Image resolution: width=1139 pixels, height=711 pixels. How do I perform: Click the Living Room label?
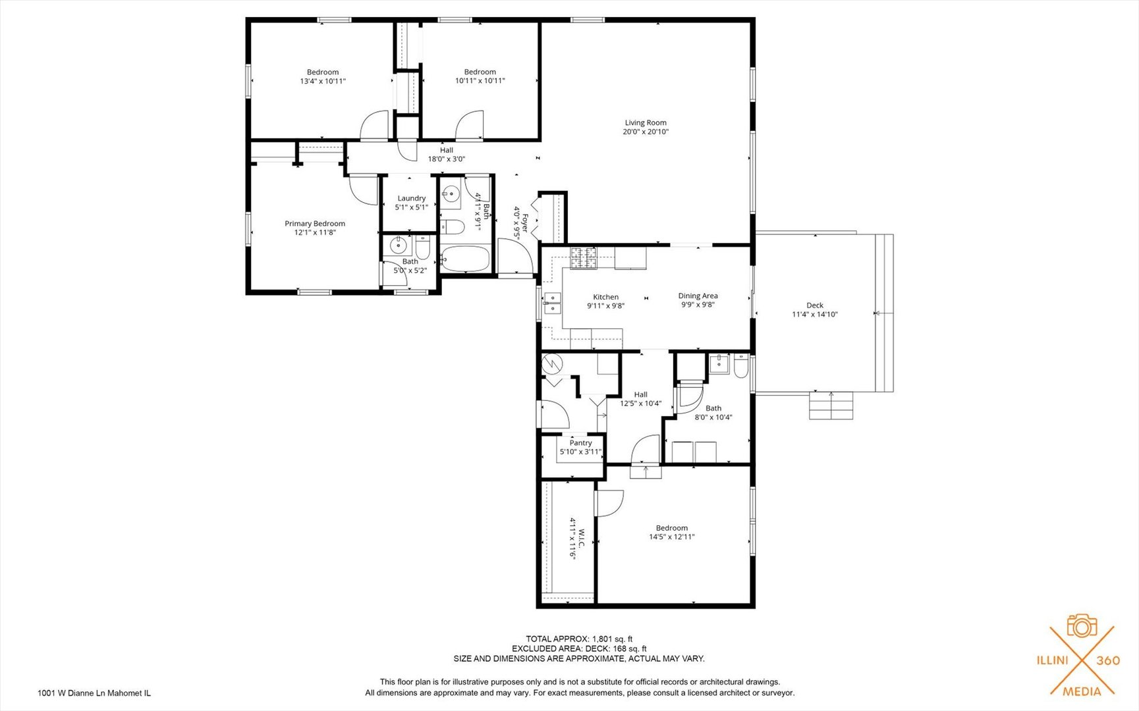pos(646,122)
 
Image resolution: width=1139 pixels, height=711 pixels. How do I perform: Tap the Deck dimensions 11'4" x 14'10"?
pos(815,315)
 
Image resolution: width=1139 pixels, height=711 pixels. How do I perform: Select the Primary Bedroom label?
pos(315,224)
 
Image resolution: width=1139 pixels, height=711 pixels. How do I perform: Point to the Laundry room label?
pos(412,198)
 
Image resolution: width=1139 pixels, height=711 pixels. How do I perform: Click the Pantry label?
pos(581,443)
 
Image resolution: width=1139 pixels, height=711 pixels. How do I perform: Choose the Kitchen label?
pos(606,297)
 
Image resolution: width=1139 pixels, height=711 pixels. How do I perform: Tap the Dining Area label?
pos(698,296)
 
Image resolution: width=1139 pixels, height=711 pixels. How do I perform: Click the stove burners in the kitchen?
pos(584,258)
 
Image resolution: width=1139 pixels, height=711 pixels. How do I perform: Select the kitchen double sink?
pos(552,303)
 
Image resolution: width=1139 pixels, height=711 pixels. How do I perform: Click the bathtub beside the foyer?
pos(465,259)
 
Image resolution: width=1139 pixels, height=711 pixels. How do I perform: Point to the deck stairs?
pos(831,406)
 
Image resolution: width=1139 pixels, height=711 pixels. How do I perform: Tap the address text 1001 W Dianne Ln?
pos(72,693)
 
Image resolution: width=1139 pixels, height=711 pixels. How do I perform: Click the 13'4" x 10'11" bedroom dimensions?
pos(323,81)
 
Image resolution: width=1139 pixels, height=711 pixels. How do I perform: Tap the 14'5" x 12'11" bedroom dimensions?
pos(672,537)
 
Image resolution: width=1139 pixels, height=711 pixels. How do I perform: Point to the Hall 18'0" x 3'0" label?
pos(447,154)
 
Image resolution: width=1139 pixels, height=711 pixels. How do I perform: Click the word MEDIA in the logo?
pos(1082,691)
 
